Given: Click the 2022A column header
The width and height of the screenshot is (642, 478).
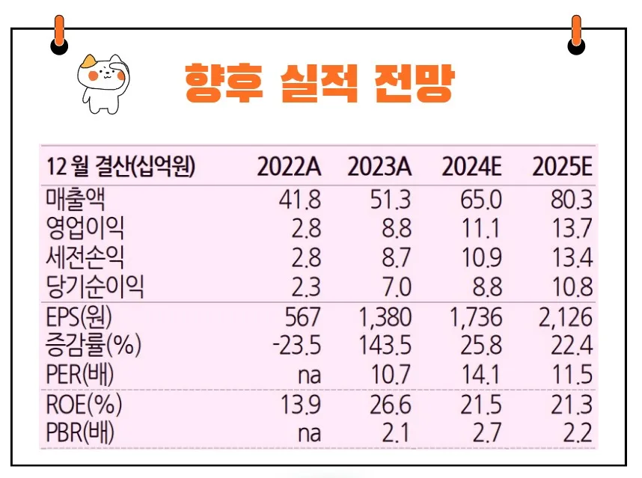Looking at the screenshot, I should (289, 167).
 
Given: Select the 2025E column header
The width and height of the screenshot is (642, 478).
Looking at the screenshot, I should (563, 167).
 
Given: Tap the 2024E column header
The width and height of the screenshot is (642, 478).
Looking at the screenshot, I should (471, 167).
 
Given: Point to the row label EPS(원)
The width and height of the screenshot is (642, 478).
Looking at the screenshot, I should (83, 317).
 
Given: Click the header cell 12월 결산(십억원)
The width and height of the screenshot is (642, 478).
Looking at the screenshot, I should (120, 167).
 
